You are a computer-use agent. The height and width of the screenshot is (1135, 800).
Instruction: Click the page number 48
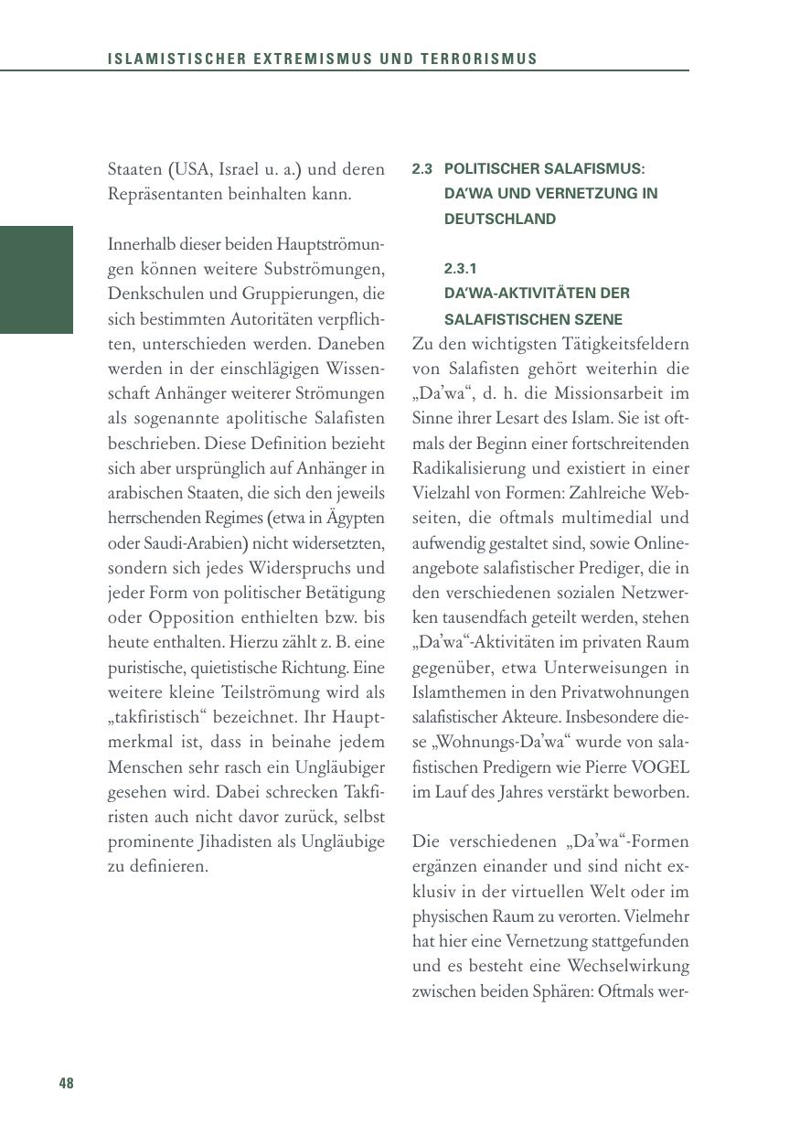tap(66, 1084)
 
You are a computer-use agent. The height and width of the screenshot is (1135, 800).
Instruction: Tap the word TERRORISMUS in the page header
tap(479, 59)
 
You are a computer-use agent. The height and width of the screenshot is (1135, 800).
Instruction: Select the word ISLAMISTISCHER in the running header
tap(165, 59)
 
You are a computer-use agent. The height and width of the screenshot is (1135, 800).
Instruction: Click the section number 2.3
tap(421, 169)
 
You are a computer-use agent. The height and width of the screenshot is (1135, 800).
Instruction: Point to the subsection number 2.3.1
tap(460, 269)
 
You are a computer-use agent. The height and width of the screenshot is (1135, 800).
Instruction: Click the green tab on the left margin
tap(37, 280)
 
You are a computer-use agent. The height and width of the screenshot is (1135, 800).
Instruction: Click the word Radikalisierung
tap(468, 468)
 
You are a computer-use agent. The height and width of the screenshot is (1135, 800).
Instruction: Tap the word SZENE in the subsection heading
tap(594, 320)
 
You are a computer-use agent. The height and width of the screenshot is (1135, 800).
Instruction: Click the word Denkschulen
tap(150, 294)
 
